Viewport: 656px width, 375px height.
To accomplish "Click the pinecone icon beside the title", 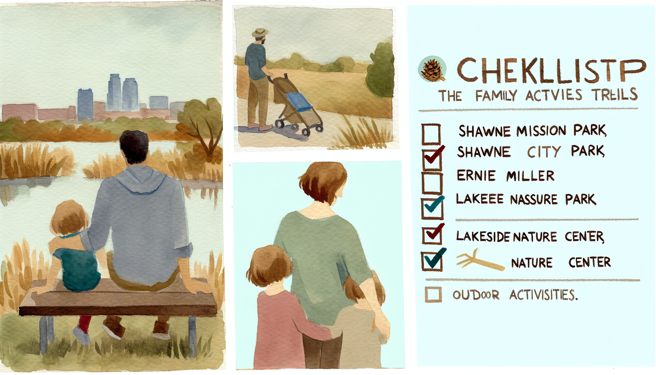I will pos(432,69).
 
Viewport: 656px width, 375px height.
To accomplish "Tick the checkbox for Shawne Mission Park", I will pos(431,134).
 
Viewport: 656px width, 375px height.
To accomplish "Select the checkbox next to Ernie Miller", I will pos(432,182).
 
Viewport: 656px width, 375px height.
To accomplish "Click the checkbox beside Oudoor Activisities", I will pos(433,294).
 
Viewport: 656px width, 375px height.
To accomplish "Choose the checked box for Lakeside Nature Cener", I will pos(432,235).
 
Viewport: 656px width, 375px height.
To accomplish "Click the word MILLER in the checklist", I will pos(530,176).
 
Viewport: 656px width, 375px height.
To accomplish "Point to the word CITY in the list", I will pos(544,152).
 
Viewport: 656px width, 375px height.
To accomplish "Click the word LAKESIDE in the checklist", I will pos(483,237).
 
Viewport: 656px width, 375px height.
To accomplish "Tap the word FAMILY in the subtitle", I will pos(496,96).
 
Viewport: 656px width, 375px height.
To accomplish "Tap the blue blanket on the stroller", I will pos(298,102).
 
